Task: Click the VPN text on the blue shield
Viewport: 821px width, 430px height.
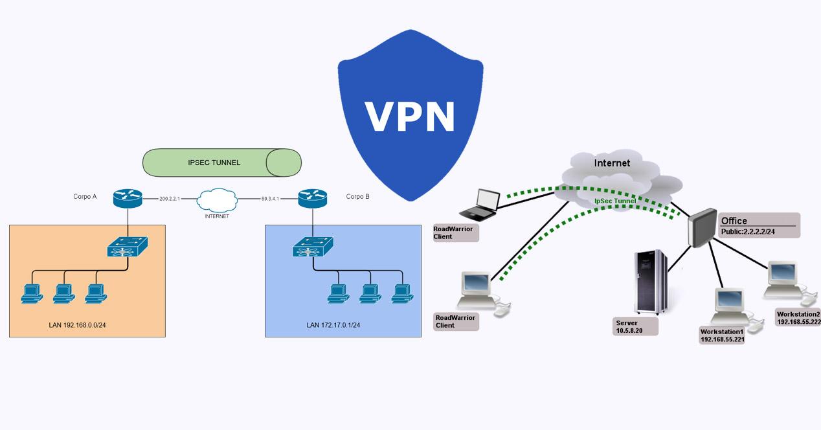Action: click(410, 117)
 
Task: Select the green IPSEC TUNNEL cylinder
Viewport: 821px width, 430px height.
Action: click(221, 163)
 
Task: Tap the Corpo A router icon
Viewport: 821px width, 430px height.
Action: click(127, 198)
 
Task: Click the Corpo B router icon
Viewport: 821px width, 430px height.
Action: click(312, 198)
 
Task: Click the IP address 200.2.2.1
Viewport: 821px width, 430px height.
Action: click(169, 199)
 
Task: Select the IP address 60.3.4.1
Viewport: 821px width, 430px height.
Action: click(270, 199)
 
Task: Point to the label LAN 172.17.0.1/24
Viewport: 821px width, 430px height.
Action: click(333, 324)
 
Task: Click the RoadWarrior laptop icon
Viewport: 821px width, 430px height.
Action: click(480, 203)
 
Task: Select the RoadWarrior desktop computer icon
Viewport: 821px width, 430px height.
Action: click(479, 291)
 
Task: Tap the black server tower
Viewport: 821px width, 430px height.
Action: click(651, 282)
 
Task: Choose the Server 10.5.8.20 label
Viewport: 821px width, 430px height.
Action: click(635, 326)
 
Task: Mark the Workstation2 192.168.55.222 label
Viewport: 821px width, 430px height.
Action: click(798, 317)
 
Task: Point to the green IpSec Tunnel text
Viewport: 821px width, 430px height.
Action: click(615, 201)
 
